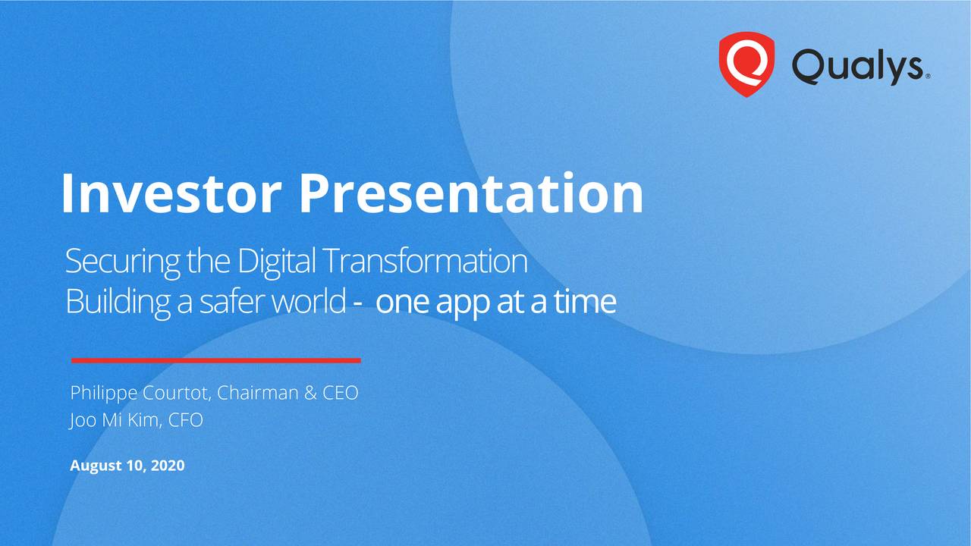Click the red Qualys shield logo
coord(746,64)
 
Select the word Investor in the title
coord(172,194)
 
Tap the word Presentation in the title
coord(470,194)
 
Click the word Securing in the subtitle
coord(122,262)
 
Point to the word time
coord(584,303)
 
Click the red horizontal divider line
coord(215,360)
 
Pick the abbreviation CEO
coord(339,394)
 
